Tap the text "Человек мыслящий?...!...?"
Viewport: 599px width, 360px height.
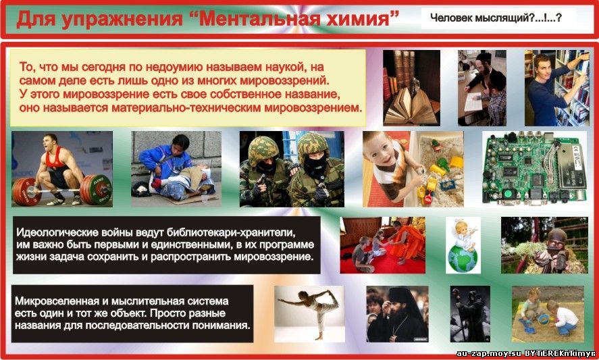coord(496,17)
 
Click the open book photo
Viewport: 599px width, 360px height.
coord(411,88)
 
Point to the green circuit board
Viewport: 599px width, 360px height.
coord(534,169)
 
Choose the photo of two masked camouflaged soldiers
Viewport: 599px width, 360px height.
coord(292,169)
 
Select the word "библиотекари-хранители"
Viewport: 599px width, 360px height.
coord(224,232)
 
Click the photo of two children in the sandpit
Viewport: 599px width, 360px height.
coord(548,314)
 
